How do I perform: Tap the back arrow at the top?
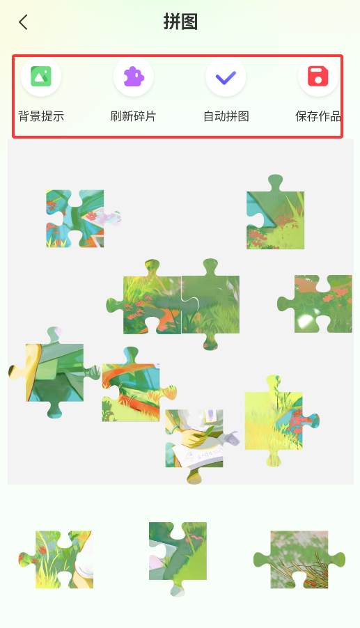click(23, 22)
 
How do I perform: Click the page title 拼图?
click(180, 22)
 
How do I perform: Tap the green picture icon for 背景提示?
click(41, 77)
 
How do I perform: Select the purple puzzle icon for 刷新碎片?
click(134, 77)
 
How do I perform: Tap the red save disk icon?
click(318, 77)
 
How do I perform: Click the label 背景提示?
click(41, 116)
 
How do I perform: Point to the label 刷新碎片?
click(134, 116)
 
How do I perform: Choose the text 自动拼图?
click(226, 116)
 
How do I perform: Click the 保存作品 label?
click(318, 116)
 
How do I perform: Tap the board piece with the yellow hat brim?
click(55, 372)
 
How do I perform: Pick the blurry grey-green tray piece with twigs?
click(299, 560)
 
